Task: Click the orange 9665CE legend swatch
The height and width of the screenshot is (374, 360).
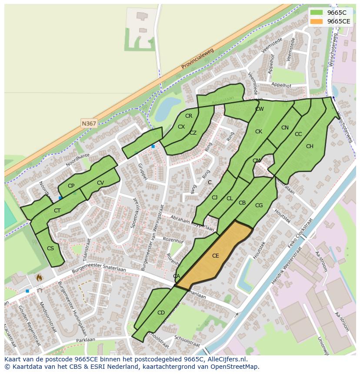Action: click(x=317, y=21)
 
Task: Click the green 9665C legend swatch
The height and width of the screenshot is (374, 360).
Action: click(x=317, y=13)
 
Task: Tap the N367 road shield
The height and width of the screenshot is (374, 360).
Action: click(x=89, y=124)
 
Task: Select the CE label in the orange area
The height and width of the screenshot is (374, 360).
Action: click(x=215, y=256)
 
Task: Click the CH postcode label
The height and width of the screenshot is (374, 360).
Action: click(x=310, y=146)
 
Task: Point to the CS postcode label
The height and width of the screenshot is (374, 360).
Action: click(x=50, y=248)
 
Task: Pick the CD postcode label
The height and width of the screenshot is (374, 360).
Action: click(x=161, y=313)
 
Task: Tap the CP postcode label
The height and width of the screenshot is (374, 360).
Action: click(x=71, y=186)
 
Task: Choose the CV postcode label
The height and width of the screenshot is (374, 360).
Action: click(x=100, y=183)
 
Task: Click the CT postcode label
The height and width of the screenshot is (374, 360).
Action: click(x=57, y=211)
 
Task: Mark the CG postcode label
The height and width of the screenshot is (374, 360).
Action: click(x=259, y=205)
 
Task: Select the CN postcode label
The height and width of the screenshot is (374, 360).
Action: click(x=285, y=128)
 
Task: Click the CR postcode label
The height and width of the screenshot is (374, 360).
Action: click(x=188, y=116)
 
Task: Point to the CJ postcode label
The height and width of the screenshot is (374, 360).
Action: click(x=214, y=198)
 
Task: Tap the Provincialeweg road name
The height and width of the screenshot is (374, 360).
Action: click(x=198, y=60)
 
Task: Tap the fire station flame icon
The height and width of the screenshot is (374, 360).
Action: click(x=39, y=277)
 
